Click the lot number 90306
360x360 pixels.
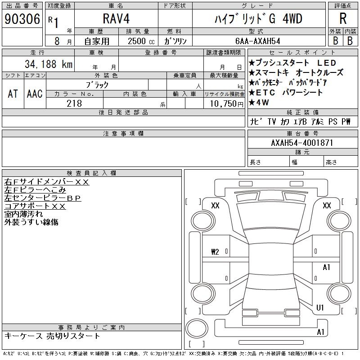22,19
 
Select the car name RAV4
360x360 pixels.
116,18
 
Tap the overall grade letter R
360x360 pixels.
343,18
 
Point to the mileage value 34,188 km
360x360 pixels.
49,64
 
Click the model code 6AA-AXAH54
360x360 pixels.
257,41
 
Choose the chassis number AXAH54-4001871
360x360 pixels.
302,143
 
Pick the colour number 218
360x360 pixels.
74,103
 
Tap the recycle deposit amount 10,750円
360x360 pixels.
226,104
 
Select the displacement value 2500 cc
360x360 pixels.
141,41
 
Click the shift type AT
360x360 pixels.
13,94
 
